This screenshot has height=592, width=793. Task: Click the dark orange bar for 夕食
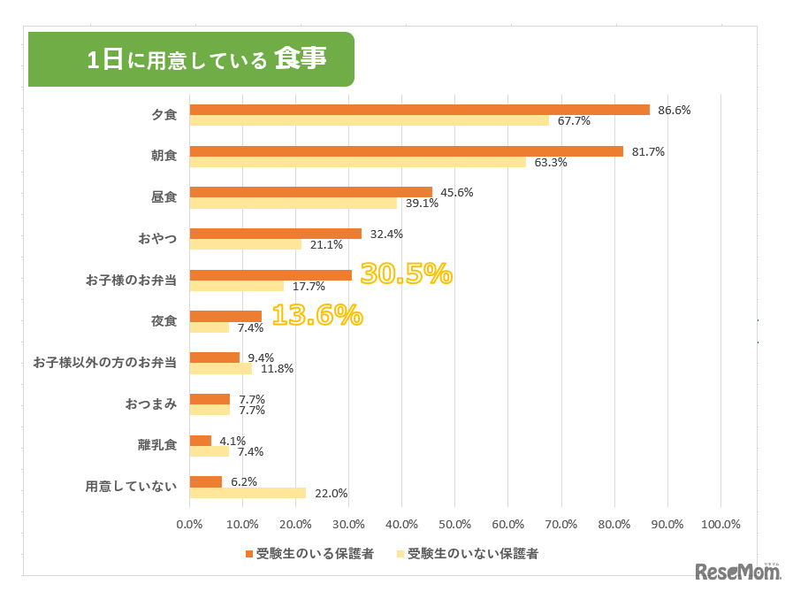coord(419,110)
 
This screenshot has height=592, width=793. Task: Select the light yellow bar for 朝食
coord(357,162)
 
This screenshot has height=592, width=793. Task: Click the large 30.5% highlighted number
coord(406,274)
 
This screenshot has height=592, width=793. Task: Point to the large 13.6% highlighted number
coord(316,315)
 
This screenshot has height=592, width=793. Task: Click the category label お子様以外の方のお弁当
coord(104,362)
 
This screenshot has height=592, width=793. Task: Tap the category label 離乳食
coord(158,445)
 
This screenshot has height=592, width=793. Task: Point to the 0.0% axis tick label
coord(190,524)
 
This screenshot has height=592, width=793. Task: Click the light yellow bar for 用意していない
coord(248,493)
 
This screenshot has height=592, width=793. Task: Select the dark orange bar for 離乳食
coord(201,441)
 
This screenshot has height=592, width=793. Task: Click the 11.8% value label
coord(277,368)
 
